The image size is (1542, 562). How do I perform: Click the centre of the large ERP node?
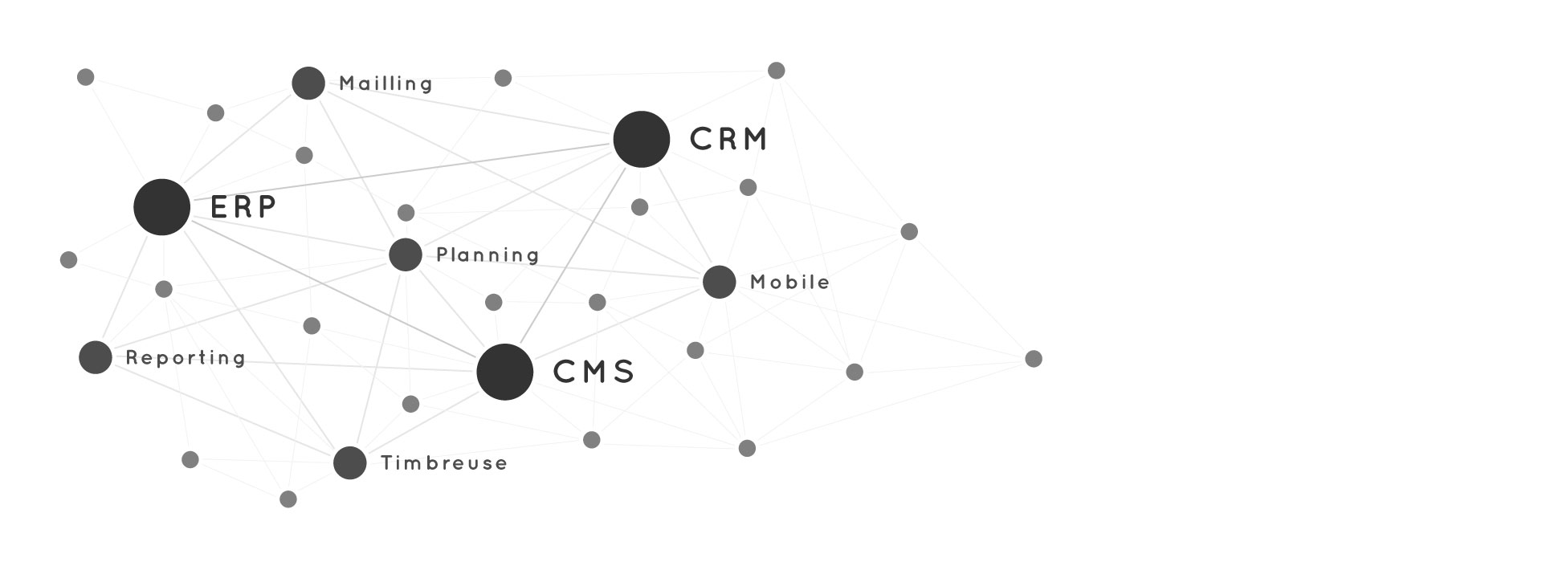pyautogui.click(x=162, y=207)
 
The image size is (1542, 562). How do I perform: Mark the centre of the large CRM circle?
pyautogui.click(x=642, y=140)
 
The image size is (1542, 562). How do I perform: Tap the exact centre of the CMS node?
pyautogui.click(x=505, y=372)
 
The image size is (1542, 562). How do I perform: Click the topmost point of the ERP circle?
pyautogui.click(x=162, y=178)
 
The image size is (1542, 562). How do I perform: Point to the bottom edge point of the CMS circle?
pyautogui.click(x=505, y=401)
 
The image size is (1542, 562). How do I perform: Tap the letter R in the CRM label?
pyautogui.click(x=720, y=140)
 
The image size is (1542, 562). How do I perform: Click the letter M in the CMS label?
pyautogui.click(x=594, y=372)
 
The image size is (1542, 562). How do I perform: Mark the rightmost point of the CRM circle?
pyautogui.click(x=671, y=140)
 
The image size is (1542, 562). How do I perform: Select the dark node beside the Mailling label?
pyautogui.click(x=308, y=83)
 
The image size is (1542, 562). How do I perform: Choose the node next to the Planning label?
pyautogui.click(x=406, y=255)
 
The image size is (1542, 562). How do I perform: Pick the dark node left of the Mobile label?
pyautogui.click(x=720, y=282)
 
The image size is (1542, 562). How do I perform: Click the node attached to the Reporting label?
pyautogui.click(x=96, y=357)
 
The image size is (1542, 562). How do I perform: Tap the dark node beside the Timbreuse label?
pyautogui.click(x=350, y=462)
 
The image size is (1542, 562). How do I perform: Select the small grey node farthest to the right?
pyautogui.click(x=1034, y=359)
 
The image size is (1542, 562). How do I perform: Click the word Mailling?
pyautogui.click(x=386, y=83)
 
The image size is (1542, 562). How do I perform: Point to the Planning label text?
pyautogui.click(x=487, y=255)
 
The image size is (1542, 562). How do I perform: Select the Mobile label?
pyautogui.click(x=789, y=282)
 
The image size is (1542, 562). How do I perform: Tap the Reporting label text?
pyautogui.click(x=186, y=358)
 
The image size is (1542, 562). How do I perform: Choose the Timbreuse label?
pyautogui.click(x=444, y=463)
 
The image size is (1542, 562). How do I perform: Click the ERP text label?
pyautogui.click(x=243, y=207)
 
